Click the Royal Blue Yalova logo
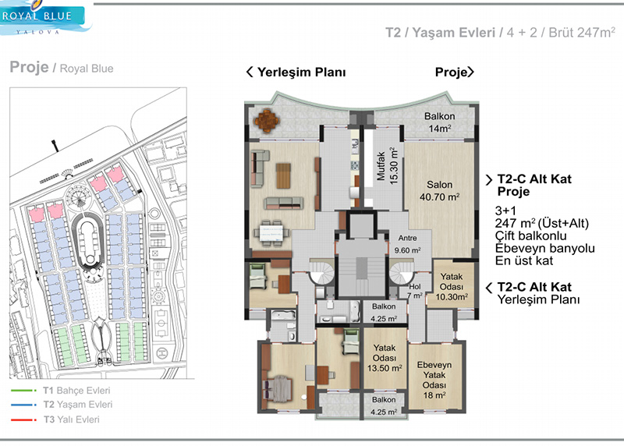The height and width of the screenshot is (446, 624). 44,18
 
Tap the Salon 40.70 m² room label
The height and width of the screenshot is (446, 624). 439,190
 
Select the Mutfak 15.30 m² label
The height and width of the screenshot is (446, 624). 387,166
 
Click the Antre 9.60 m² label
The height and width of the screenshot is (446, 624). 407,244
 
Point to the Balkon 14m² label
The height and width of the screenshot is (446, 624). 439,122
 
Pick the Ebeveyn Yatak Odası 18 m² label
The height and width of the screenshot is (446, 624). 434,380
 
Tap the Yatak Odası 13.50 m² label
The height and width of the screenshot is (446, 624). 385,358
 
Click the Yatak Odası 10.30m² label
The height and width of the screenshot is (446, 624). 452,286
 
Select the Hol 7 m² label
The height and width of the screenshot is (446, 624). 415,291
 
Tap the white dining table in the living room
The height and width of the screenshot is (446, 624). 272,232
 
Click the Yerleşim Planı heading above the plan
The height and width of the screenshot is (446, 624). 296,72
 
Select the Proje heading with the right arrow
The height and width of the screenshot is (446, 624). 455,72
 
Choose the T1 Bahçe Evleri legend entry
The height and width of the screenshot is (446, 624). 76,391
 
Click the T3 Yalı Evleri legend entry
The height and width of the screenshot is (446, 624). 72,419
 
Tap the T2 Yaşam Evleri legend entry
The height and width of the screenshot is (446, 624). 78,405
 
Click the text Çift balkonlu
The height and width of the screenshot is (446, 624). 531,235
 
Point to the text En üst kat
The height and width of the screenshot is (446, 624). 524,260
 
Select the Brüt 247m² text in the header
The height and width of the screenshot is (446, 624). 582,32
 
